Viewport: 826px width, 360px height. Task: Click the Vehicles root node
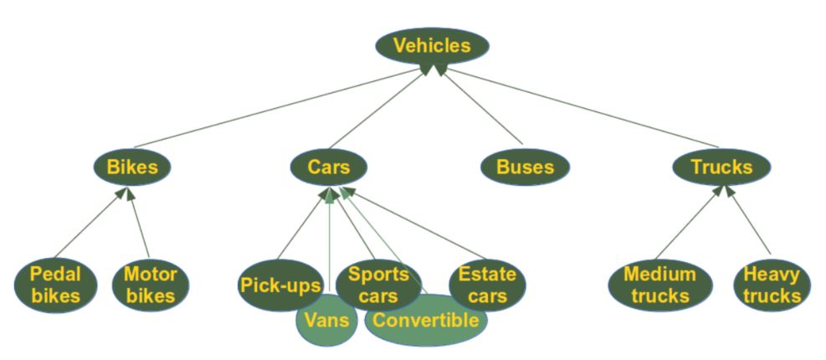pyautogui.click(x=432, y=45)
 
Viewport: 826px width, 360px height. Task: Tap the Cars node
pyautogui.click(x=329, y=167)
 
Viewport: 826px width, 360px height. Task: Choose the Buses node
pyautogui.click(x=525, y=167)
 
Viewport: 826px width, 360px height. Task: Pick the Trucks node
pyautogui.click(x=721, y=167)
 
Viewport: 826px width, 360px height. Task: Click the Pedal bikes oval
pyautogui.click(x=55, y=285)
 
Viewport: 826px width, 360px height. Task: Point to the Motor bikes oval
pyautogui.click(x=150, y=285)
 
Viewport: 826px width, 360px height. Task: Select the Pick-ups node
pyautogui.click(x=278, y=285)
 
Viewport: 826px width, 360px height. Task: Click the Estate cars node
pyautogui.click(x=487, y=285)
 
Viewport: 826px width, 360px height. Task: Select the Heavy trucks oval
pyautogui.click(x=771, y=285)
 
